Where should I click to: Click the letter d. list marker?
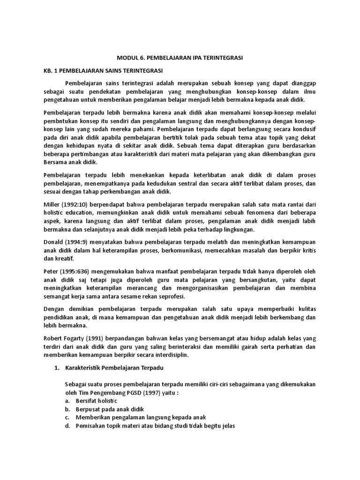[x=67, y=426]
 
